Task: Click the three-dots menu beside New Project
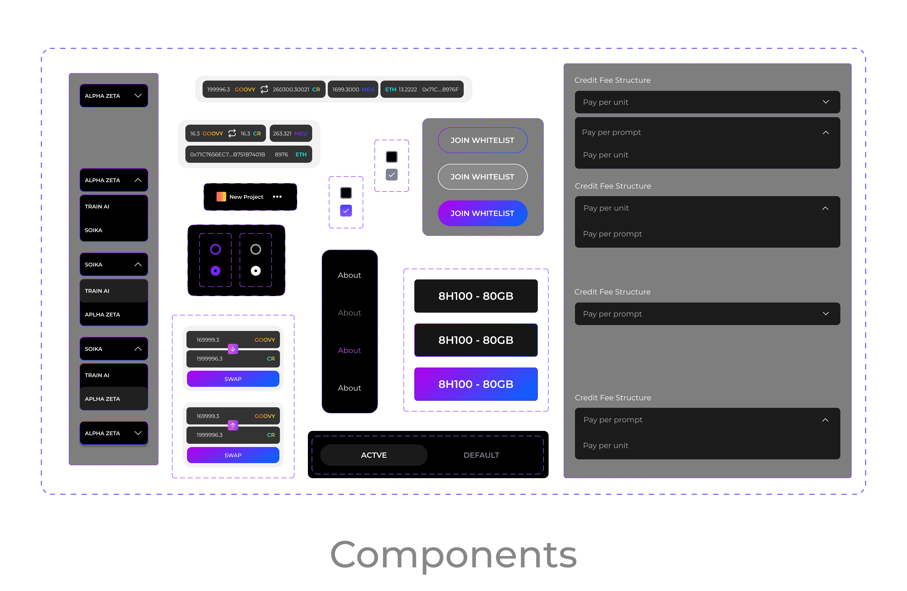click(x=277, y=197)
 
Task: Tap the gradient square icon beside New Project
click(x=221, y=197)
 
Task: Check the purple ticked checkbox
click(x=346, y=210)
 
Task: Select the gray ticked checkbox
click(x=391, y=175)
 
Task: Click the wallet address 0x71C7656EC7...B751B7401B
click(x=228, y=154)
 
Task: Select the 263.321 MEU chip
click(x=290, y=133)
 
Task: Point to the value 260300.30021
click(x=291, y=89)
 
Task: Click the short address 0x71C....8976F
click(x=440, y=89)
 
